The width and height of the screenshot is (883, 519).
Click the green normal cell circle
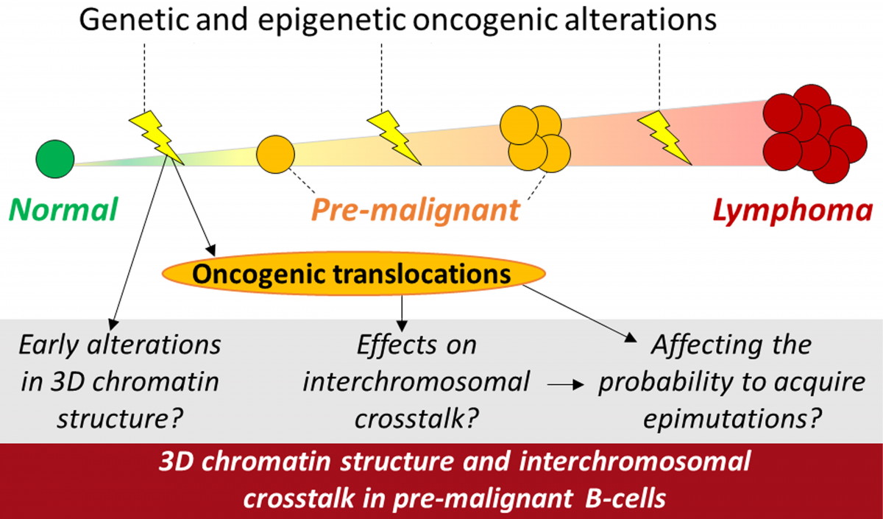(55, 159)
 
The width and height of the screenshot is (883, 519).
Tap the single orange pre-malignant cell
(275, 154)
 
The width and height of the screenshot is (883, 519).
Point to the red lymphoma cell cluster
(815, 134)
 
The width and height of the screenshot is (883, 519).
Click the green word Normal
(63, 209)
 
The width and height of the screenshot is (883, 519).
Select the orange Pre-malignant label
(416, 211)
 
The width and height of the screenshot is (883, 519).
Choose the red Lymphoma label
(792, 211)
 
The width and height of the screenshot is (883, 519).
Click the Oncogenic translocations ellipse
(354, 273)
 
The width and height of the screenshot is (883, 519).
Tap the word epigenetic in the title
(332, 20)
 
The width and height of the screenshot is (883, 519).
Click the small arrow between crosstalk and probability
(566, 384)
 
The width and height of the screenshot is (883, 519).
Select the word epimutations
(731, 418)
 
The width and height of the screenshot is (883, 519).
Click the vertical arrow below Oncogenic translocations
(402, 314)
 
